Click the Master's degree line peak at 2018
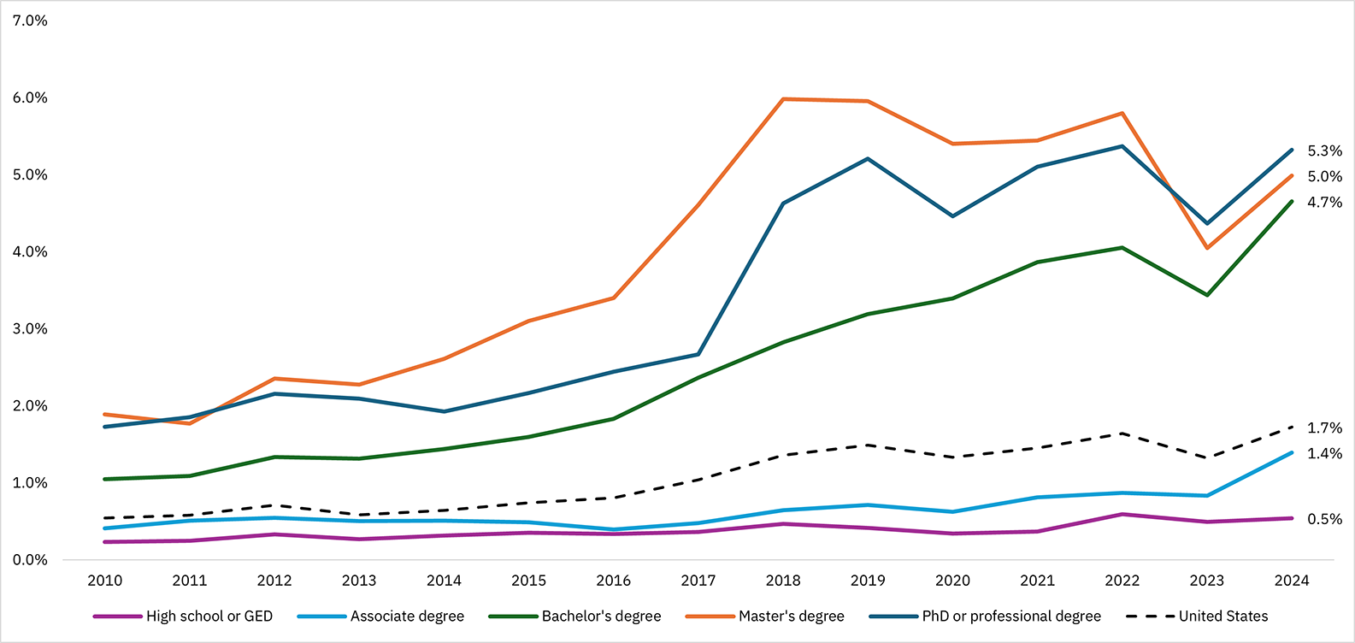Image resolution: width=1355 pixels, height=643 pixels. tap(783, 99)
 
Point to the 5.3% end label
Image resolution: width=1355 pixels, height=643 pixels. tap(1324, 151)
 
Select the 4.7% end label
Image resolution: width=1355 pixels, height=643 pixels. tap(1324, 203)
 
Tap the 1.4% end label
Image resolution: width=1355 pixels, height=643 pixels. tap(1324, 454)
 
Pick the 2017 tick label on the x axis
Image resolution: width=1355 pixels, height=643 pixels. tap(698, 581)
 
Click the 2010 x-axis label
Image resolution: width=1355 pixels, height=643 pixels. tap(105, 581)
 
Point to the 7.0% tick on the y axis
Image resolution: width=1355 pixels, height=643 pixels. tap(30, 21)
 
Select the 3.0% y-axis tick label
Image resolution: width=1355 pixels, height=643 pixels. tap(30, 329)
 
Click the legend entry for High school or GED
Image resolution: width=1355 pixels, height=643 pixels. tap(209, 616)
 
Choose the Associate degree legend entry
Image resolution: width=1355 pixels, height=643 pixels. tap(407, 616)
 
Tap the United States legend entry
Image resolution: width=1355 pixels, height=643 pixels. tap(1222, 616)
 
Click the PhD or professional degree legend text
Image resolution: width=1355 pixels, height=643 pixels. tap(1010, 616)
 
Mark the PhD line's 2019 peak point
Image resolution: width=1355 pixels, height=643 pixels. tap(868, 159)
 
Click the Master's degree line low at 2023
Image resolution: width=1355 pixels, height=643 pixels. tap(1206, 248)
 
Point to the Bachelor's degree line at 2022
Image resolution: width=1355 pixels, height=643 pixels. tap(1122, 248)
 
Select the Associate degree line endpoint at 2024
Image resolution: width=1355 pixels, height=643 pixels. tap(1291, 453)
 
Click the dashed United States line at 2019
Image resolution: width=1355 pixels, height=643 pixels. tap(868, 445)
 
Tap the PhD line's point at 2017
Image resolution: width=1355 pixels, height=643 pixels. tap(698, 354)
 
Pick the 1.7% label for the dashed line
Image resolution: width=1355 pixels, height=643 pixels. tap(1324, 428)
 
